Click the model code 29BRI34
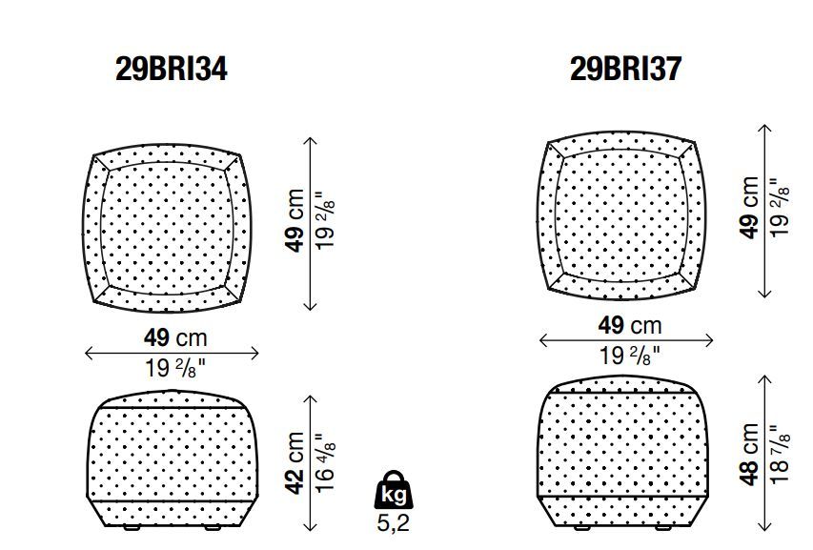172,69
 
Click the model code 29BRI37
625,69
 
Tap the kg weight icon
394,490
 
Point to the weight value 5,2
393,523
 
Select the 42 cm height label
295,463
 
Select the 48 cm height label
750,455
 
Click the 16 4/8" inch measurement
325,463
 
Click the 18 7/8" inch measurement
780,455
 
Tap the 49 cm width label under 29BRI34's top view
175,338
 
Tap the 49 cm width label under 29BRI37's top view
630,326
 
